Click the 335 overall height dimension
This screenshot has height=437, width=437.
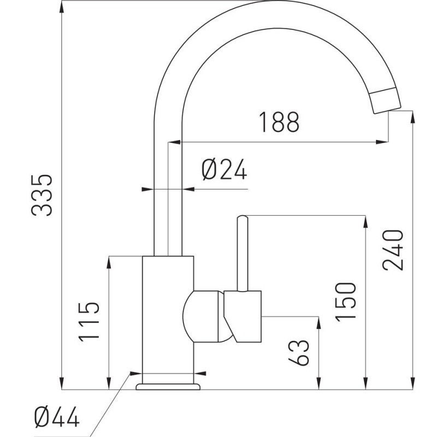pyautogui.click(x=42, y=195)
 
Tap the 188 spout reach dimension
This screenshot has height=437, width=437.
pyautogui.click(x=279, y=122)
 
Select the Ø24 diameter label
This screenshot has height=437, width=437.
pyautogui.click(x=225, y=169)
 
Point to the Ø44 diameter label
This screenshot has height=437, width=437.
pyautogui.click(x=57, y=417)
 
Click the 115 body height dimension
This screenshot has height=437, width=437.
pyautogui.click(x=89, y=322)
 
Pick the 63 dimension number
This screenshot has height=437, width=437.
pyautogui.click(x=299, y=352)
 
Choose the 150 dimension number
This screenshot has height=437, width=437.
pyautogui.click(x=346, y=302)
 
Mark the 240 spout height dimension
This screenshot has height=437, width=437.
pyautogui.click(x=393, y=250)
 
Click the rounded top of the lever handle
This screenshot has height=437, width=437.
pyautogui.click(x=242, y=217)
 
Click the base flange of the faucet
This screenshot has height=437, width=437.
pyautogui.click(x=168, y=387)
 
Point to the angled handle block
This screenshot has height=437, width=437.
pyautogui.click(x=243, y=316)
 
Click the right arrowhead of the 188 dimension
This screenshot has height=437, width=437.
pyautogui.click(x=382, y=142)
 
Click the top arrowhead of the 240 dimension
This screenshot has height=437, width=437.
pyautogui.click(x=413, y=117)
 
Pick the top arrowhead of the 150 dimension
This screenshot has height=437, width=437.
pyautogui.click(x=365, y=222)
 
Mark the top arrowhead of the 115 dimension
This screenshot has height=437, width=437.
pyautogui.click(x=109, y=263)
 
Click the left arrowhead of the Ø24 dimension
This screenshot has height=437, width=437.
pyautogui.click(x=147, y=189)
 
